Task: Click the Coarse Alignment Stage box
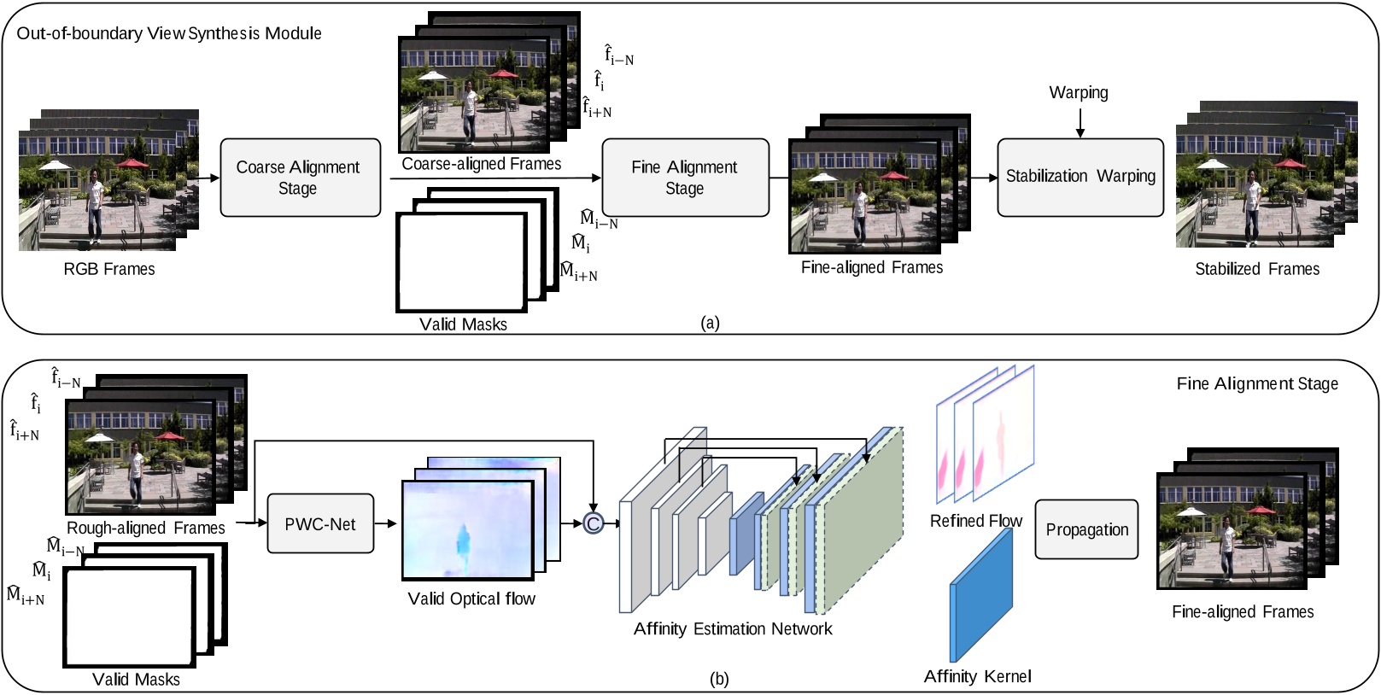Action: pos(301,178)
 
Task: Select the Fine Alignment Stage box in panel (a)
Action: pos(685,178)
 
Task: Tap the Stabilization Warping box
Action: pos(1080,178)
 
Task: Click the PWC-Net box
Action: pos(320,523)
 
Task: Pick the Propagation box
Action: pos(1086,529)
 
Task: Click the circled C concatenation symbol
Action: pos(593,523)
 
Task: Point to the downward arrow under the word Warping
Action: pos(1080,123)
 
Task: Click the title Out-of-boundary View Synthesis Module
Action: pos(169,33)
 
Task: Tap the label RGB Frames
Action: pos(109,269)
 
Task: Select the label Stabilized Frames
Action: pos(1257,269)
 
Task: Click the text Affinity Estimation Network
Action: pos(733,628)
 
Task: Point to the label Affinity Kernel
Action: pos(977,676)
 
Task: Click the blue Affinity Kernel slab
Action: pos(981,594)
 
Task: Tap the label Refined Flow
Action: pos(976,521)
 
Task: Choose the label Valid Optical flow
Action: pos(471,599)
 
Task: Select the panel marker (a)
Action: pos(711,323)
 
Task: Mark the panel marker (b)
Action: pos(719,679)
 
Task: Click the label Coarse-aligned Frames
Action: pos(482,164)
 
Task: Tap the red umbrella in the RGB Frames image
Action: pos(132,163)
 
